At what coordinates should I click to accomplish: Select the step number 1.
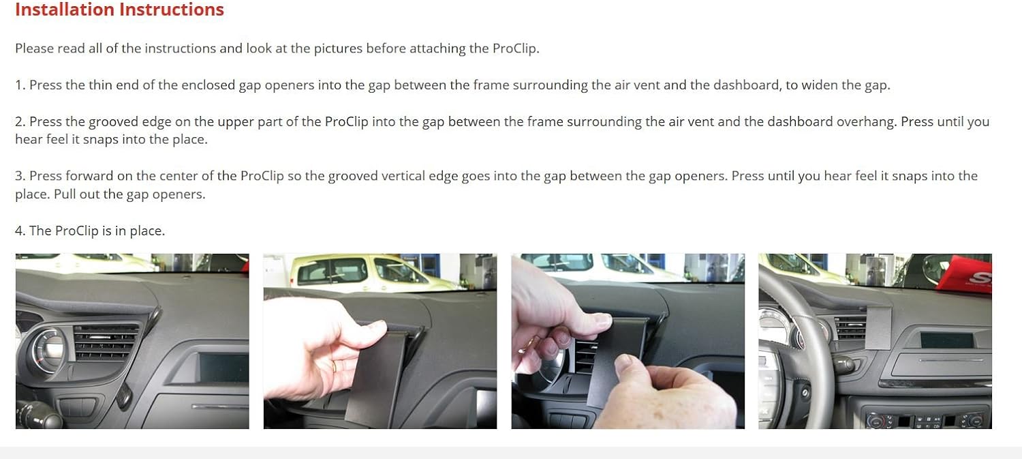pos(20,85)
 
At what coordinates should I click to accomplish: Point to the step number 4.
pos(20,231)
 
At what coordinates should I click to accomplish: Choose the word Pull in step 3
pos(65,194)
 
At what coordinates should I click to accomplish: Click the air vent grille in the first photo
pos(106,342)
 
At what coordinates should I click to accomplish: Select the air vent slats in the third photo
pos(586,356)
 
